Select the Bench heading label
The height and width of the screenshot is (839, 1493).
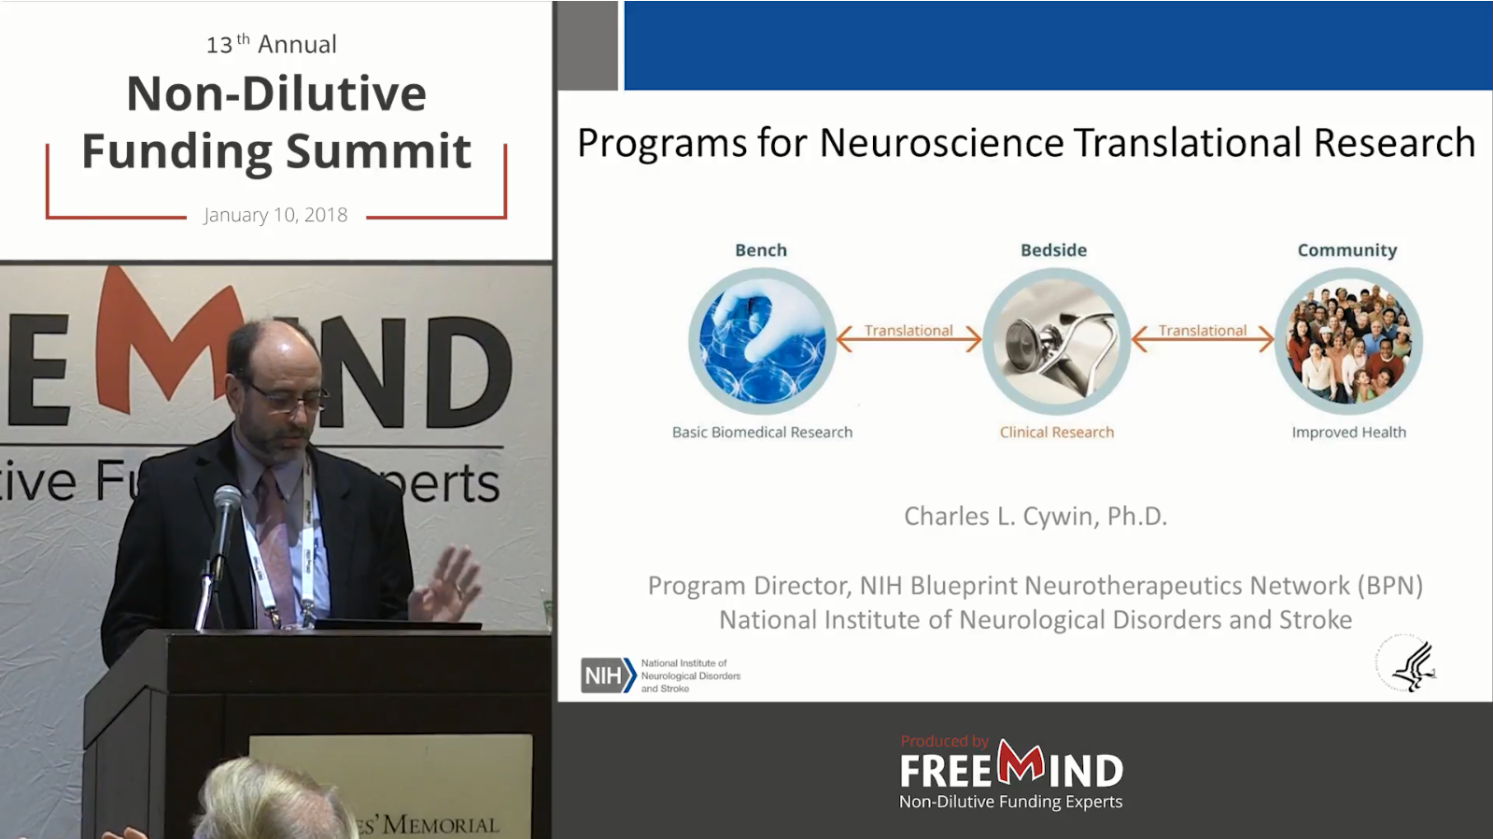pos(761,250)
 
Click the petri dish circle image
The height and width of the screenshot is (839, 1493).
pos(762,342)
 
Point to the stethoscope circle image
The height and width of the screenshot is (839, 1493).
pos(1056,342)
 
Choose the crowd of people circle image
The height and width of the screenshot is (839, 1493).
pos(1348,342)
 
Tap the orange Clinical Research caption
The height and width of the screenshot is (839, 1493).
pos(1056,433)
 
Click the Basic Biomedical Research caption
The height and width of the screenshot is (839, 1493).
pos(762,433)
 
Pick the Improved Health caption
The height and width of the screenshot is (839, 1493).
pos(1348,433)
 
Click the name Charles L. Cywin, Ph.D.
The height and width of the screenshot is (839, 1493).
pos(1035,517)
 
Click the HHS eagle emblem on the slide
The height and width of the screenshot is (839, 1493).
pos(1409,665)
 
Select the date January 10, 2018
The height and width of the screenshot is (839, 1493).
pos(275,215)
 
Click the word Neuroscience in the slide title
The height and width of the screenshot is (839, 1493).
pos(941,144)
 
